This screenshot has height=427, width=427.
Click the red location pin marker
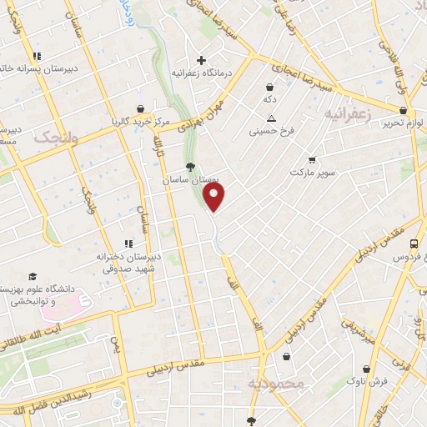tap(215, 197)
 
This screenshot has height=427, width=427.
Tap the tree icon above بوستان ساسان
tap(191, 166)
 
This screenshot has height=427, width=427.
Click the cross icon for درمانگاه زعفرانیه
tap(200, 60)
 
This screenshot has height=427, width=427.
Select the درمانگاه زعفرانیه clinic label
tap(200, 73)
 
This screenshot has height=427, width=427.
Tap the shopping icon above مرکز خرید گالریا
tap(138, 108)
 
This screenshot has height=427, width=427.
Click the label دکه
tap(269, 99)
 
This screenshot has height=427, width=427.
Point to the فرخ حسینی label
tap(270, 131)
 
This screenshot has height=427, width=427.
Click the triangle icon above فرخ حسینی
tap(270, 118)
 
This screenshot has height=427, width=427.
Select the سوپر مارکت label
tap(313, 173)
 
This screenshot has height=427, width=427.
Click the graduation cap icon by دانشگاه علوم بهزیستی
tap(32, 276)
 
